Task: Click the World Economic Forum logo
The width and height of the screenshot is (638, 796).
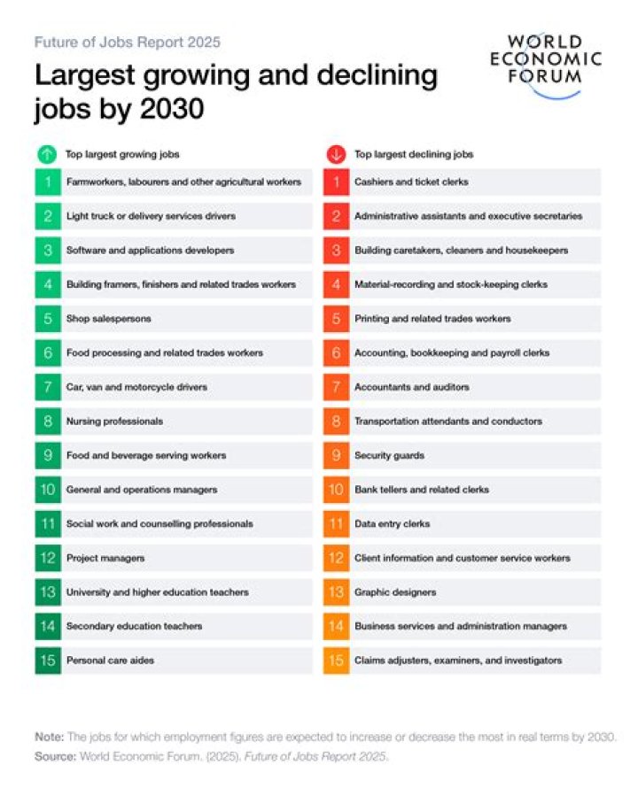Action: (x=546, y=66)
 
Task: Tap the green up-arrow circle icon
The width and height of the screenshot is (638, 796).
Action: (x=47, y=154)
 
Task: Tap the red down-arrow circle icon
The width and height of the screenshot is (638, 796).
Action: (x=336, y=154)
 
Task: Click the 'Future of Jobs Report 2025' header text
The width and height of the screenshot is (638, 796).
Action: (x=128, y=42)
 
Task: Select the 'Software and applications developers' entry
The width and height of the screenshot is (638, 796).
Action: (x=150, y=251)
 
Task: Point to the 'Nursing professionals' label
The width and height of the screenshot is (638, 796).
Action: (x=114, y=421)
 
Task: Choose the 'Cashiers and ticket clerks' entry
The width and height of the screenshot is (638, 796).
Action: (x=411, y=182)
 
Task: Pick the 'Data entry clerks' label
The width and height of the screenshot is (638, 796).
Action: (x=392, y=524)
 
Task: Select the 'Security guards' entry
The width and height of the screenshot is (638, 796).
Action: (x=389, y=456)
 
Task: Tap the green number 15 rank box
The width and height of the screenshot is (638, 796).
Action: (x=48, y=661)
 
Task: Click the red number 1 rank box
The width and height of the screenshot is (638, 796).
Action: (x=336, y=182)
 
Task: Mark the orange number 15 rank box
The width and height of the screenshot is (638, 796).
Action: (x=336, y=661)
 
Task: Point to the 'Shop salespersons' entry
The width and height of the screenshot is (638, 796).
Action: (x=108, y=319)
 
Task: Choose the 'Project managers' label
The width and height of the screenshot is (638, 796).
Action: (x=105, y=559)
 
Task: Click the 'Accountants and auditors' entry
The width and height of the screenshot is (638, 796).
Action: (x=412, y=387)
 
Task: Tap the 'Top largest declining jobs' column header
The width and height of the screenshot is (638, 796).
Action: (x=414, y=154)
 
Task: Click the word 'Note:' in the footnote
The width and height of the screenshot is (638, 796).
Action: (x=50, y=737)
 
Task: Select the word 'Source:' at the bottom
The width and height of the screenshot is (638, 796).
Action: (x=55, y=756)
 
